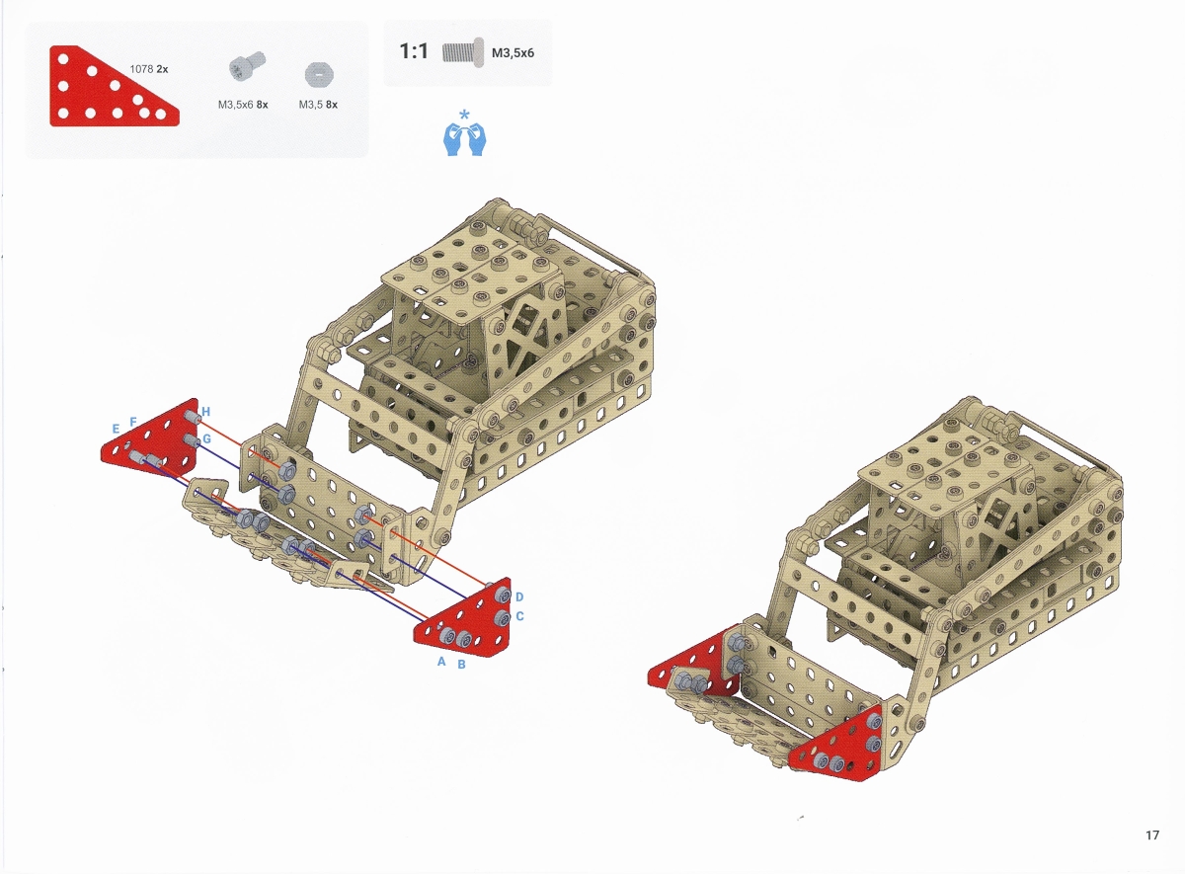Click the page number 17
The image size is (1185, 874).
[1152, 835]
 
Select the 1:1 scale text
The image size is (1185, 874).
[414, 51]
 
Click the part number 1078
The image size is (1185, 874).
[141, 69]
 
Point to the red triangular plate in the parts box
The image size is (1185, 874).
[114, 86]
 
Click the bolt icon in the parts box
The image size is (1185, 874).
[247, 66]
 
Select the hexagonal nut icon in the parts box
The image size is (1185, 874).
[319, 75]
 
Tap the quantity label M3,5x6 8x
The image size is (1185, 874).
[243, 105]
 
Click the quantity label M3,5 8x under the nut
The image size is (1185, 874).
[318, 105]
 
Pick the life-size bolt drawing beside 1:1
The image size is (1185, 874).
[463, 52]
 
